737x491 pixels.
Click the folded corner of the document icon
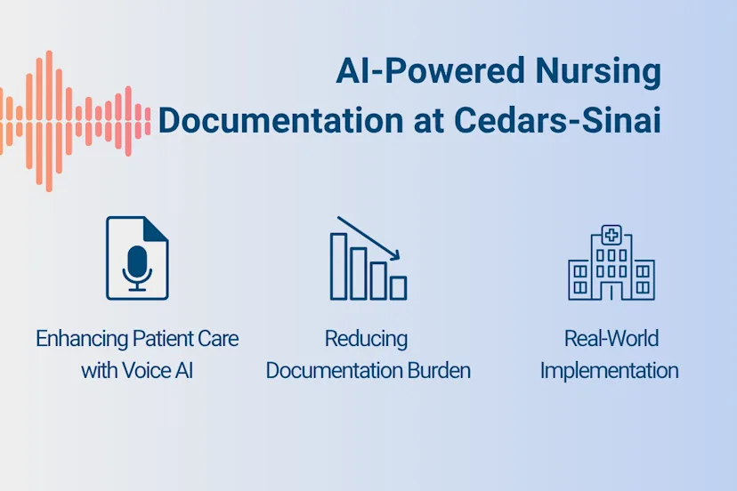point(157,227)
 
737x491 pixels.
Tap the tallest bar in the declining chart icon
point(339,266)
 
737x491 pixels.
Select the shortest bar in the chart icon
point(398,287)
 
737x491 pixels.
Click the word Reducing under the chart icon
point(366,339)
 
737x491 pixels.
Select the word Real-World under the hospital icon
point(611,339)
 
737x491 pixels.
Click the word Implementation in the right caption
point(610,370)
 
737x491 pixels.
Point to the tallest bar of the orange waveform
point(48,120)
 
